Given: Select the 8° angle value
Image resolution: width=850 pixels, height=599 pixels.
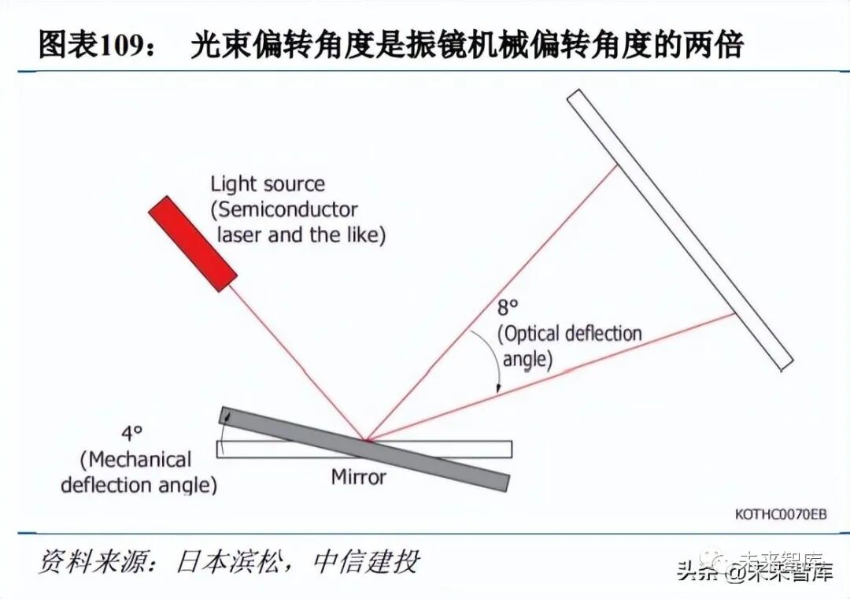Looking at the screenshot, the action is coord(508,309).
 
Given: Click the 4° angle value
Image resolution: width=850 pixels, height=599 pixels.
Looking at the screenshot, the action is coord(131,433).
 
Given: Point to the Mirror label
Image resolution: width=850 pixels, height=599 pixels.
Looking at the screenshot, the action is coord(359,477).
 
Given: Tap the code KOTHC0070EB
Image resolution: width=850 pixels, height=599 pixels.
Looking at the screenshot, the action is coord(781,514).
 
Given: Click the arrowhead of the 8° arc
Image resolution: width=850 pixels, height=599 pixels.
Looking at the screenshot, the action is coord(499,387).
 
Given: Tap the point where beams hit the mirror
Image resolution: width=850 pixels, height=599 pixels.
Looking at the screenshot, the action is coord(366,438).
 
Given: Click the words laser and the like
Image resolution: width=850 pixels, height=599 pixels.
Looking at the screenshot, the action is coord(299,235).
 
